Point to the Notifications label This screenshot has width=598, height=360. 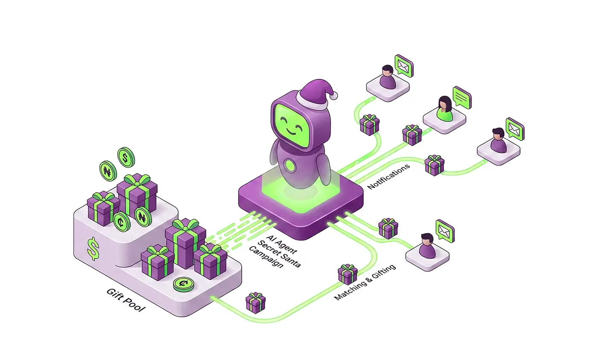pyautogui.click(x=389, y=176)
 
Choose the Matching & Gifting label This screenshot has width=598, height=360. pyautogui.click(x=365, y=282)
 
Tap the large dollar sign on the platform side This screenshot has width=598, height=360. pyautogui.click(x=92, y=249)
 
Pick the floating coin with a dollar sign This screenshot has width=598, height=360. pyautogui.click(x=126, y=157)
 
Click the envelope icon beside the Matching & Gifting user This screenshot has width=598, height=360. pyautogui.click(x=445, y=231)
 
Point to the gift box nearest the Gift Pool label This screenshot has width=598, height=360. pyautogui.click(x=255, y=302)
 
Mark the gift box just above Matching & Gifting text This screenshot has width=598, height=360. pyautogui.click(x=348, y=274)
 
